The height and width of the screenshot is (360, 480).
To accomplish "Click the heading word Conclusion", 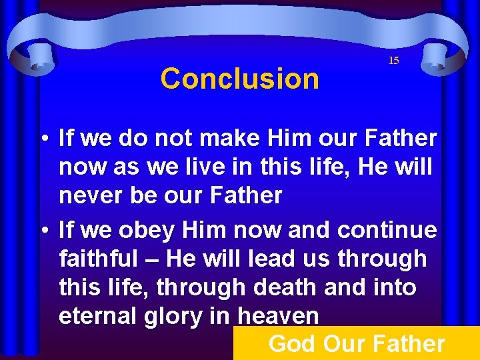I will (x=240, y=79).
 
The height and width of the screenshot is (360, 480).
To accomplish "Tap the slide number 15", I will (x=393, y=61).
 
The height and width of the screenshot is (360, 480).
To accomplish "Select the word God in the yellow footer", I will (x=291, y=344).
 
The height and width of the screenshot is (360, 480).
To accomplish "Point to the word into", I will (x=392, y=288).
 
